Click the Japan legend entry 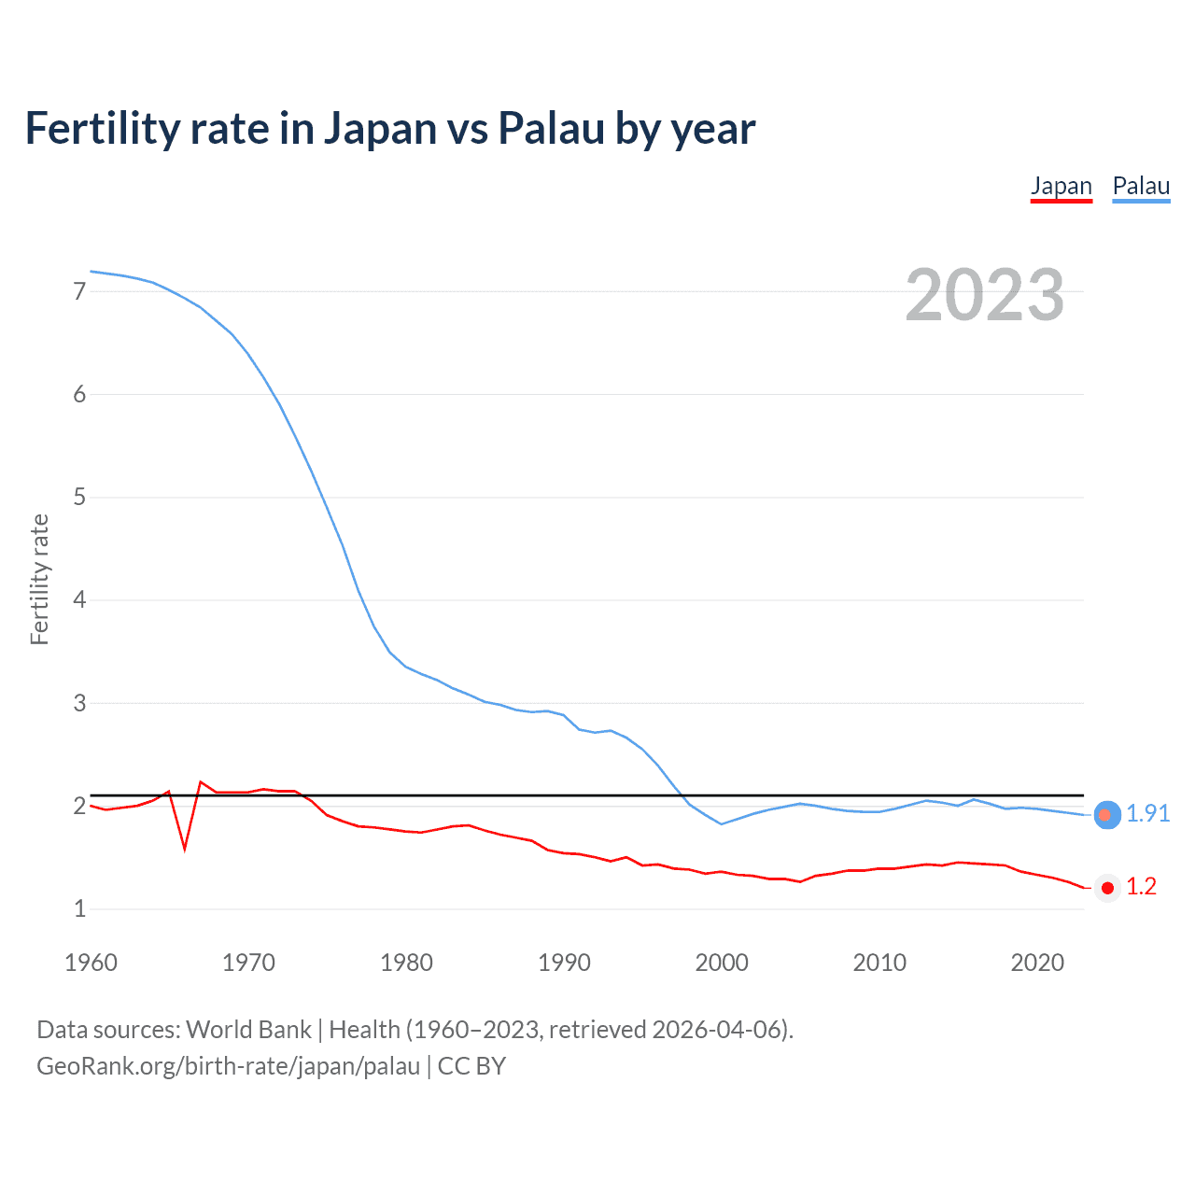tap(1061, 186)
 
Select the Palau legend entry tap(1141, 186)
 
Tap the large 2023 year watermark tap(984, 295)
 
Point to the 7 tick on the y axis tap(79, 291)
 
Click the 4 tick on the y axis tap(79, 599)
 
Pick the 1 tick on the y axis tap(79, 908)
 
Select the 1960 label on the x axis tap(91, 963)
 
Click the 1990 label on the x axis tap(564, 963)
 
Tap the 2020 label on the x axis tap(1037, 963)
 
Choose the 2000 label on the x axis tap(722, 963)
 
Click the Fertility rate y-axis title tap(39, 579)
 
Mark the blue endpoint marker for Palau tap(1106, 815)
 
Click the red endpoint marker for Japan tap(1106, 888)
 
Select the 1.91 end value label tap(1147, 813)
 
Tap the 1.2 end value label tap(1141, 887)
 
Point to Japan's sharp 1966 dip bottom tap(185, 849)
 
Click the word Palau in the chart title tap(551, 128)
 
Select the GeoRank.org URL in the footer tap(228, 1066)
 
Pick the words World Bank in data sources tap(248, 1030)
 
